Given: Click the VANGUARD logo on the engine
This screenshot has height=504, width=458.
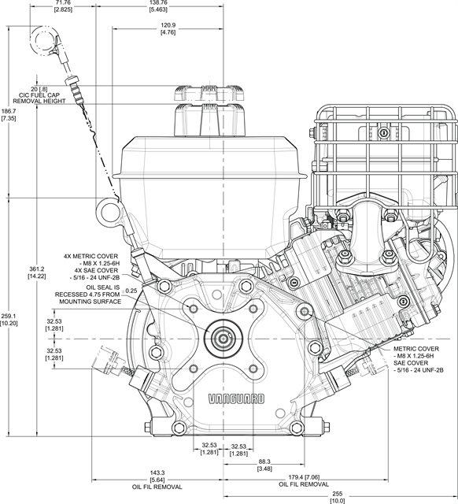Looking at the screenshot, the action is pos(236,399).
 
